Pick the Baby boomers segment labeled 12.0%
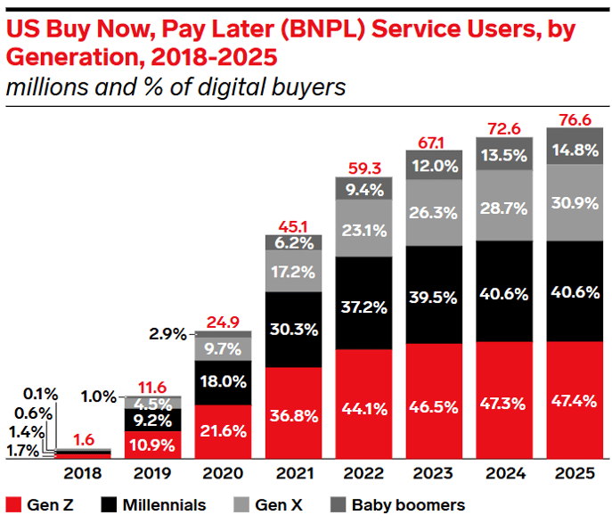tap(435, 165)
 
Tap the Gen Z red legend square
tap(14, 504)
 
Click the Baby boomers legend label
tap(406, 504)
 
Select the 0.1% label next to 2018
tap(39, 393)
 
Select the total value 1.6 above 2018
tap(83, 438)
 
